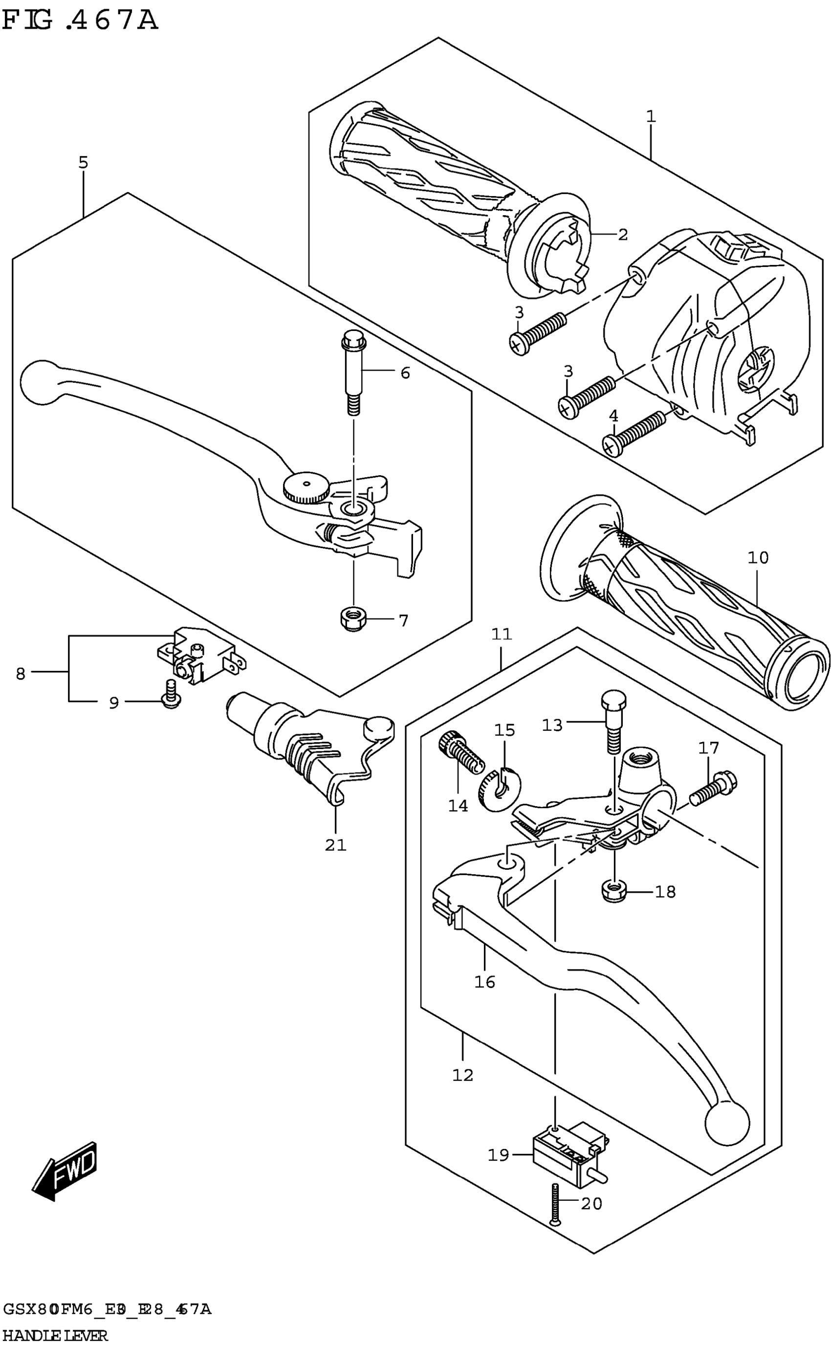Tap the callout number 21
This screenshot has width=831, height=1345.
pyautogui.click(x=335, y=845)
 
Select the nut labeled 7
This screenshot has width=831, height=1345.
pyautogui.click(x=351, y=620)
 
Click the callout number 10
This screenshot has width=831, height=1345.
pyautogui.click(x=758, y=557)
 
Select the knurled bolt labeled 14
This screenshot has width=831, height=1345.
pyautogui.click(x=460, y=753)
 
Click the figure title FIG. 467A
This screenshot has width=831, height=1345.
pyautogui.click(x=80, y=21)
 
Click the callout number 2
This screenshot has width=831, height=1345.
pyautogui.click(x=622, y=235)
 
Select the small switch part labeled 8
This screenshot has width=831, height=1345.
pyautogui.click(x=200, y=657)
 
